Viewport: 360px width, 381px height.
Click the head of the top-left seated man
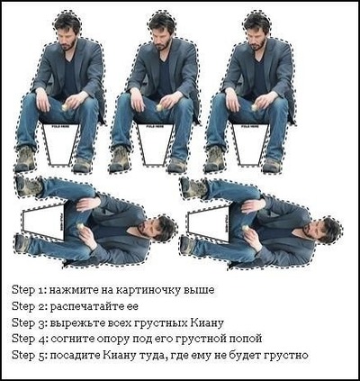point(65,27)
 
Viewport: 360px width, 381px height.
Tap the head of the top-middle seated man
point(162,27)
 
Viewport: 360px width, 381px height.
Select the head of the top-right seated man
point(257,27)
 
